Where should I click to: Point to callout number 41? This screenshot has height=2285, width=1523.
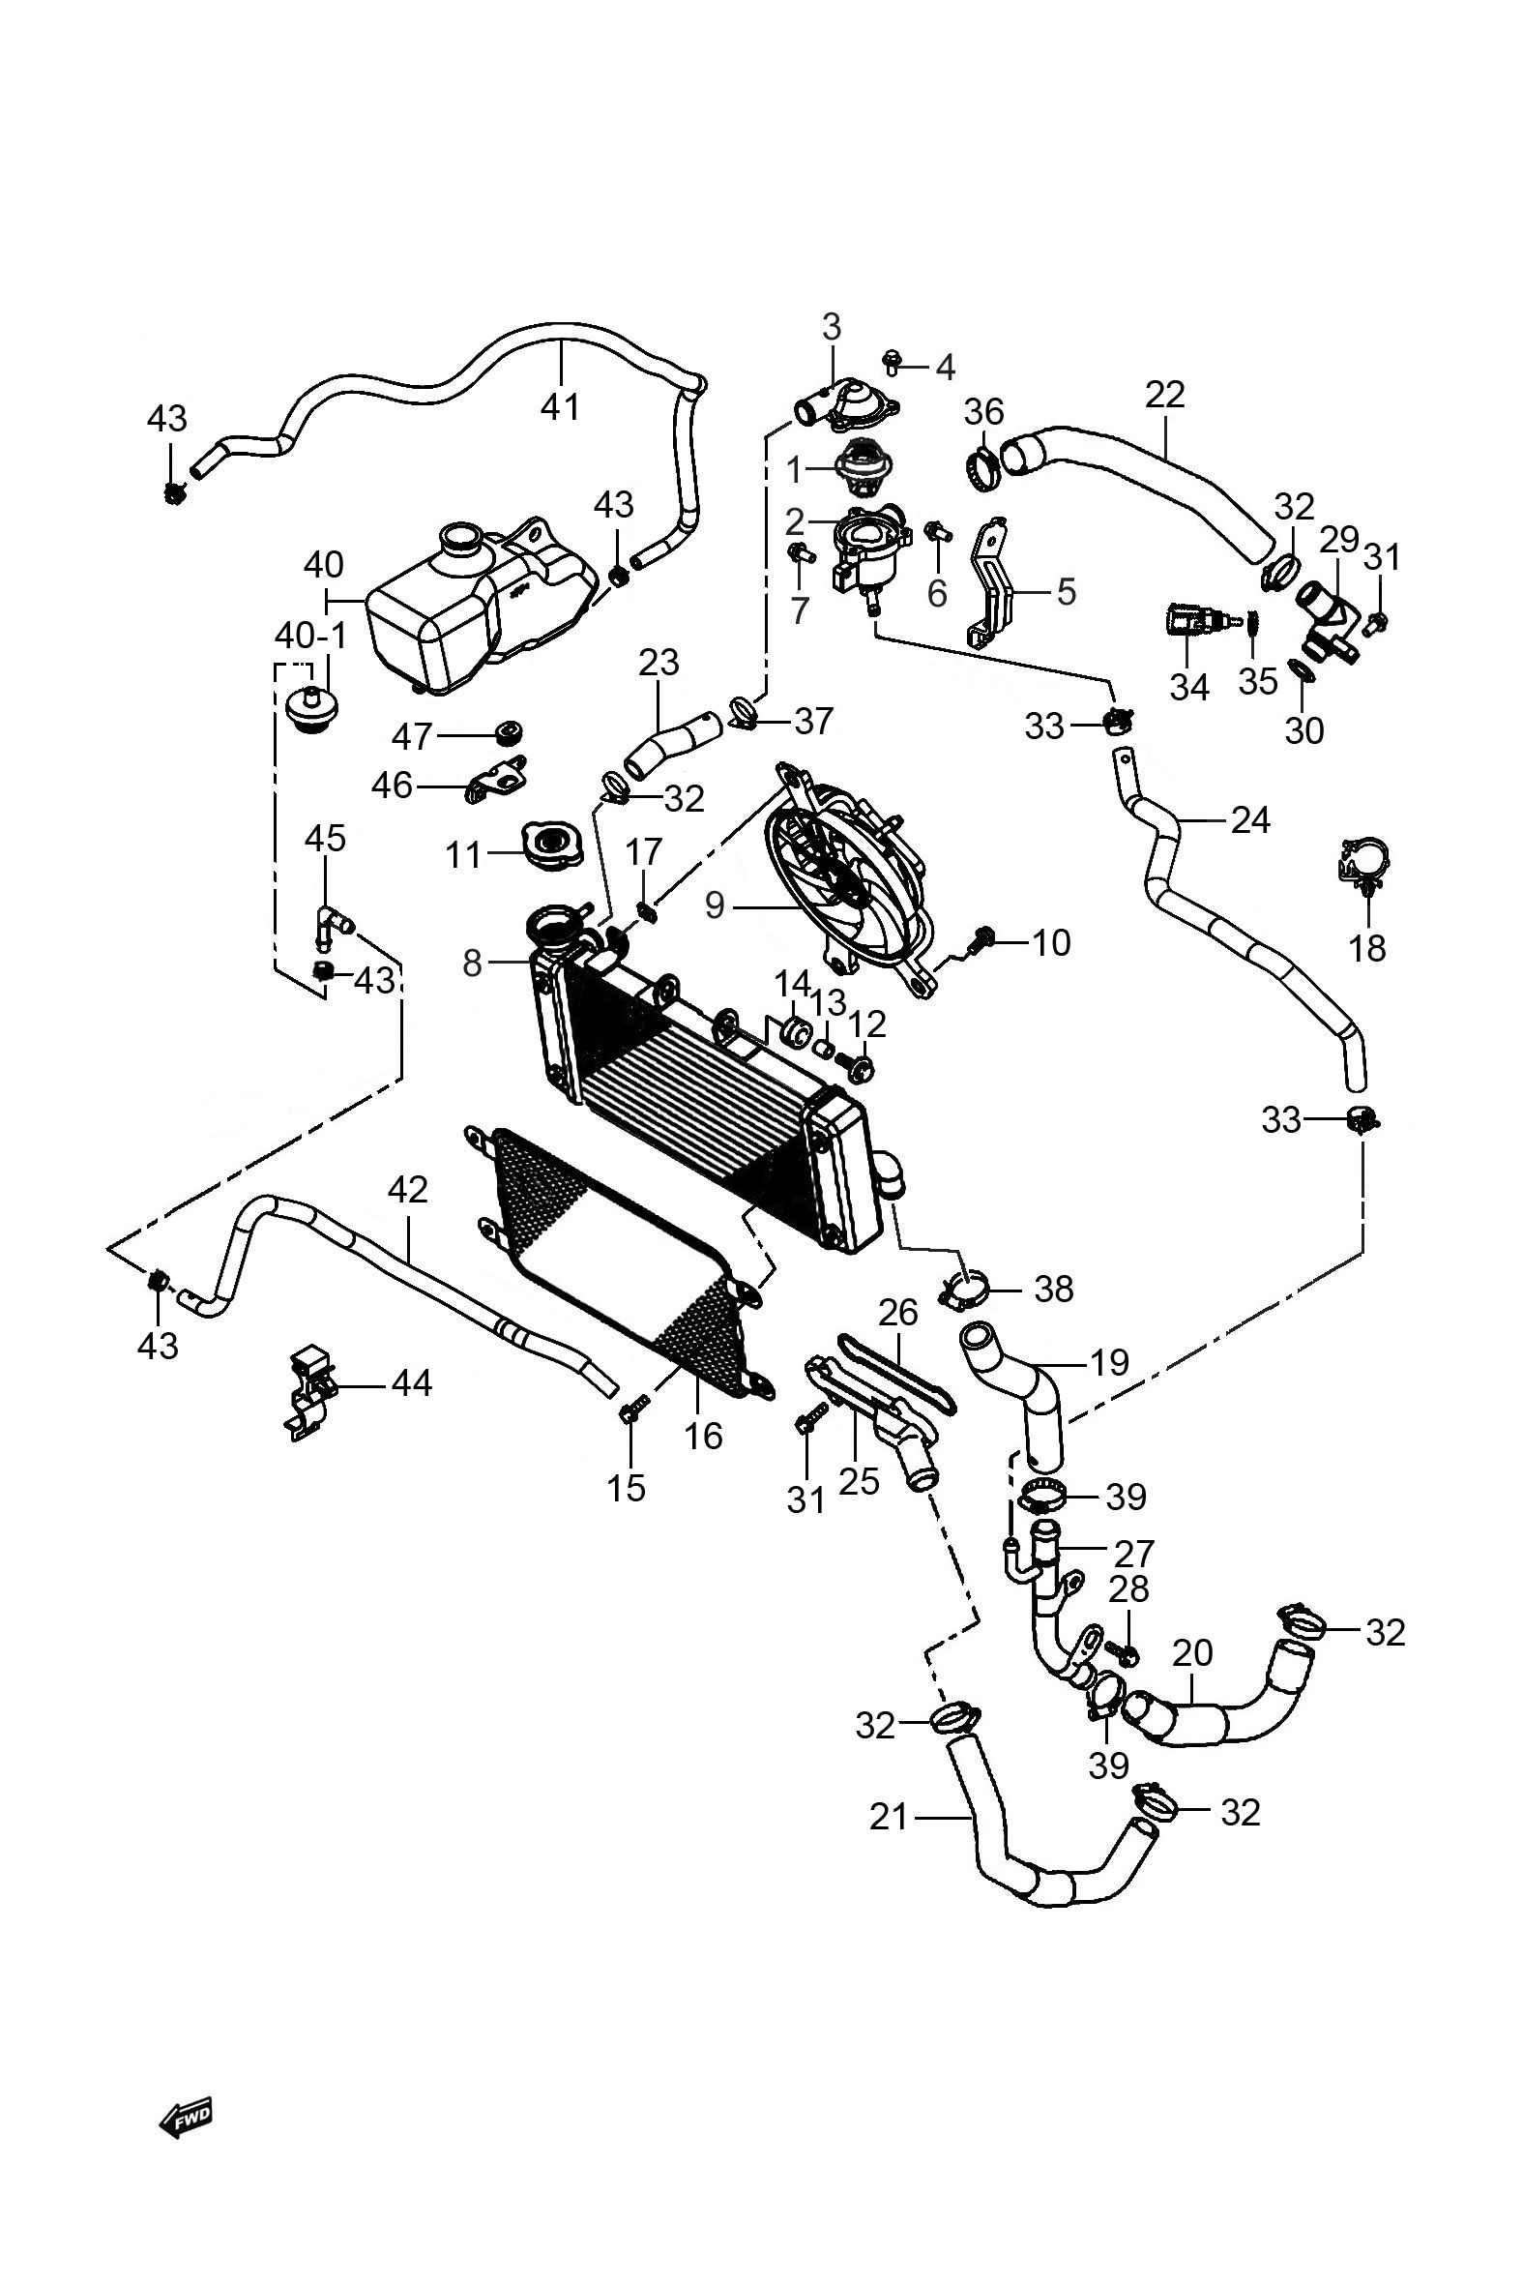[x=560, y=405]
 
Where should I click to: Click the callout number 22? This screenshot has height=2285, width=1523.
[x=1165, y=395]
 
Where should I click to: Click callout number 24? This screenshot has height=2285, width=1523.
[x=1250, y=821]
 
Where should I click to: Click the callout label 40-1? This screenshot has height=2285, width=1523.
[x=310, y=637]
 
